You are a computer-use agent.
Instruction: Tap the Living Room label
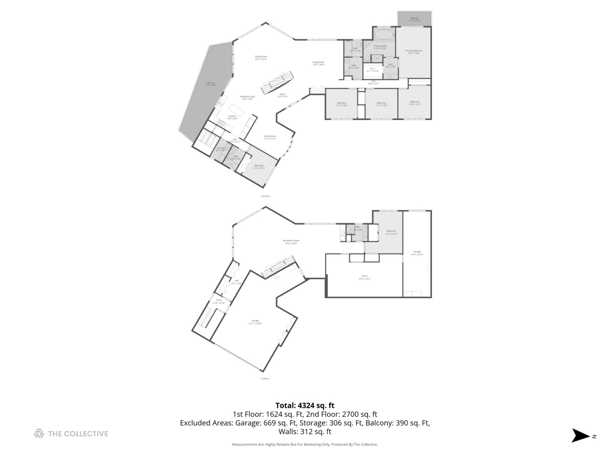[x=318, y=63]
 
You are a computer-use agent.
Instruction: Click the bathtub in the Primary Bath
[x=384, y=34]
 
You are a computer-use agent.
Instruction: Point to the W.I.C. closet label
[x=373, y=69]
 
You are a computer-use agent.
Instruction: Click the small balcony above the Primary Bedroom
[x=414, y=19]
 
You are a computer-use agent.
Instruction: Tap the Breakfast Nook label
[x=247, y=97]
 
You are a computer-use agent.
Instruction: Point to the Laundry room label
[x=220, y=149]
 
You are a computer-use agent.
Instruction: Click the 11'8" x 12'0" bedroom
[x=414, y=102]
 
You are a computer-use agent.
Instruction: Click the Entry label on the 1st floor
[x=219, y=301]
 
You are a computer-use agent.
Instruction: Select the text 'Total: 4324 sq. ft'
[x=305, y=405]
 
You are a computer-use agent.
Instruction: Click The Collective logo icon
[x=39, y=433]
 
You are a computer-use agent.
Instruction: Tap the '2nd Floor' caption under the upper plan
[x=265, y=196]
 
